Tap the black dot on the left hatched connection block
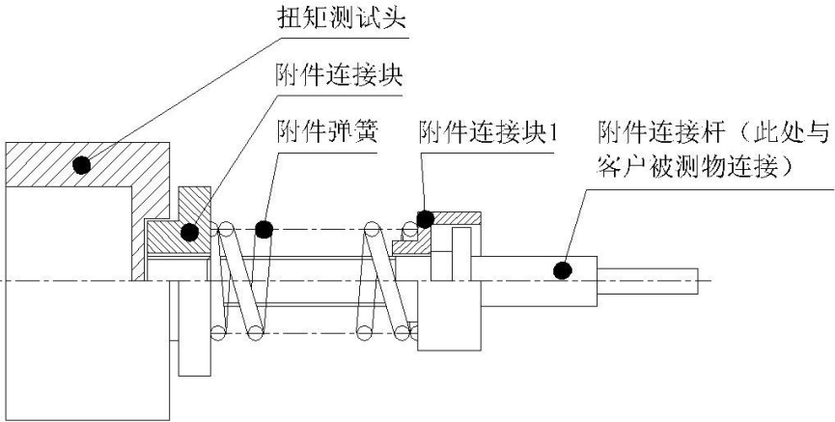click(189, 232)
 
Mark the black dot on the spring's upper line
click(264, 229)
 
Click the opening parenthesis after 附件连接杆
click(734, 131)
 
